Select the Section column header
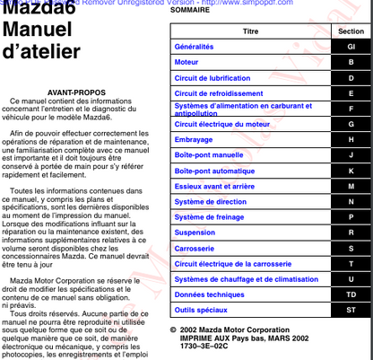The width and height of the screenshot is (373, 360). coord(351,31)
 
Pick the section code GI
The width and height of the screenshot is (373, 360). coord(351,46)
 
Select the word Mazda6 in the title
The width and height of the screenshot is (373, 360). coord(40,13)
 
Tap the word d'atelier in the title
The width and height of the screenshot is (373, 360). coord(42,53)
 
